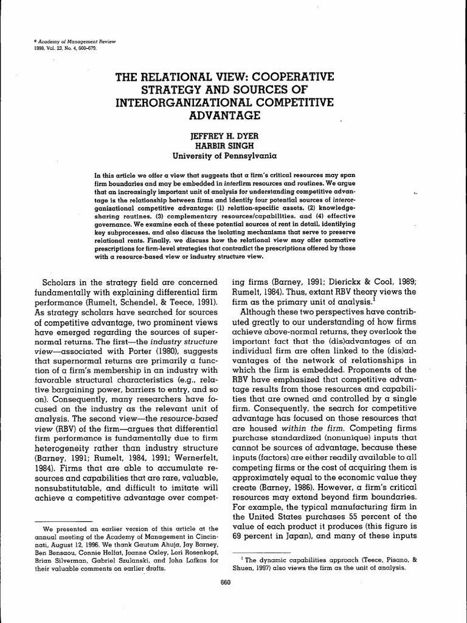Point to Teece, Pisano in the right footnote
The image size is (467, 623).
pyautogui.click(x=392, y=555)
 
